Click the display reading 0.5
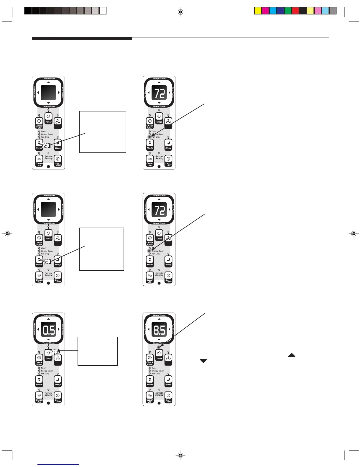pyautogui.click(x=49, y=330)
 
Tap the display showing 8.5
pyautogui.click(x=159, y=330)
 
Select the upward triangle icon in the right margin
pyautogui.click(x=291, y=355)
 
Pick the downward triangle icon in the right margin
pyautogui.click(x=203, y=361)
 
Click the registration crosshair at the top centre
pyautogui.click(x=181, y=12)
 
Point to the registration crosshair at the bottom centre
pyautogui.click(x=181, y=456)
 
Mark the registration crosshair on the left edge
pyautogui.click(x=7, y=234)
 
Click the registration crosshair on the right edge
pyautogui.click(x=354, y=234)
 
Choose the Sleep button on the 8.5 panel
pyautogui.click(x=168, y=381)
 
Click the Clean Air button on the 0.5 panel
pyautogui.click(x=39, y=397)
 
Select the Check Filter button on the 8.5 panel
pyautogui.click(x=150, y=359)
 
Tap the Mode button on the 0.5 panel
pyautogui.click(x=39, y=381)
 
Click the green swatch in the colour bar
pyautogui.click(x=288, y=11)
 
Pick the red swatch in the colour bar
pyautogui.click(x=295, y=11)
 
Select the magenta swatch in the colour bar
pyautogui.click(x=265, y=11)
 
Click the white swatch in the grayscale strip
pyautogui.click(x=103, y=11)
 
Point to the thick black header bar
pyautogui.click(x=82, y=38)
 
